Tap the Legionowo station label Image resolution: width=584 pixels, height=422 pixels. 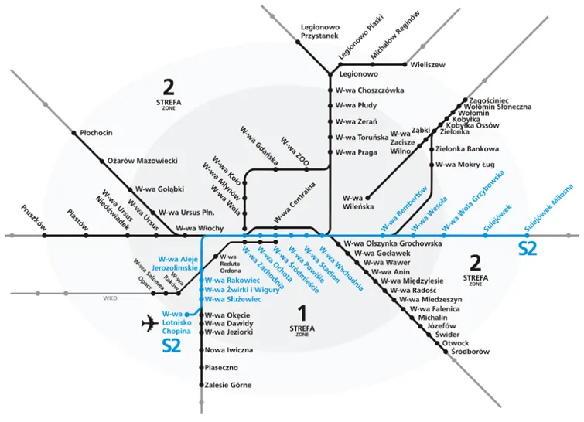point(357,74)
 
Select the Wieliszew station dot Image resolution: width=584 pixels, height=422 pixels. point(405,64)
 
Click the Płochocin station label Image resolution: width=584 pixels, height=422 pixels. point(96,133)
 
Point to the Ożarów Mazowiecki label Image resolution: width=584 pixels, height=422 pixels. point(142,161)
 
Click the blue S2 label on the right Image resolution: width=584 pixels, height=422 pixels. point(528,249)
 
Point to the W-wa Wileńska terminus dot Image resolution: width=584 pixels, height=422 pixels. point(368,196)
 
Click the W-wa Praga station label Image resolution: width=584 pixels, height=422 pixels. point(356,152)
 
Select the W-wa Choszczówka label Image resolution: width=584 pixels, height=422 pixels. point(370,90)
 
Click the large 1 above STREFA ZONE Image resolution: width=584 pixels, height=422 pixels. point(302,313)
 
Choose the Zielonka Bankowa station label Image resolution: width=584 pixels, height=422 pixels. point(468,148)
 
